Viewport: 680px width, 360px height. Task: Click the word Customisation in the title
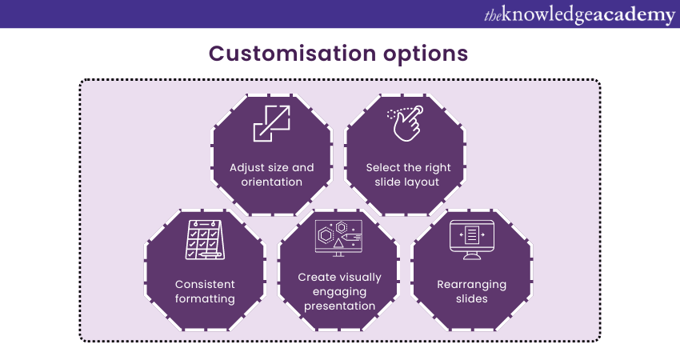tap(292, 54)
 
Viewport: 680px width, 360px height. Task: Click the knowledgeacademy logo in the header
tap(579, 14)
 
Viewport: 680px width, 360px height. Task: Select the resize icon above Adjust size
tap(271, 123)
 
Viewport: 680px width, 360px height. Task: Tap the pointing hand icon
tap(406, 123)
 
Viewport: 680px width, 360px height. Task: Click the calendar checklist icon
tap(205, 240)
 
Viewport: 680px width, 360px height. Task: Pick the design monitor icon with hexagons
tap(338, 238)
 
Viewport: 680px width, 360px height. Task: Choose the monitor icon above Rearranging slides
tap(472, 240)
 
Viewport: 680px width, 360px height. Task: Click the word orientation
tap(271, 182)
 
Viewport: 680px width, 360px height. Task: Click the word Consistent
tap(205, 284)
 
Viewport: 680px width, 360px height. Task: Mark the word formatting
tap(205, 299)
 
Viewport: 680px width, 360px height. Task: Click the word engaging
tap(339, 292)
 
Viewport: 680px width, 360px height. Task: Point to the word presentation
tap(339, 306)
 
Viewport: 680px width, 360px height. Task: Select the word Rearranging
tap(472, 285)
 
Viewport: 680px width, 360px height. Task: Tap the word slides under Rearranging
tap(472, 298)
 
